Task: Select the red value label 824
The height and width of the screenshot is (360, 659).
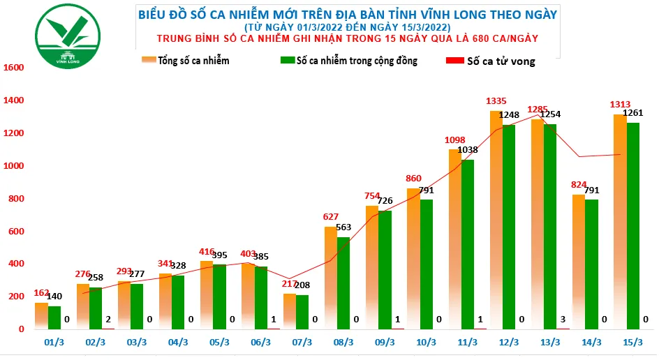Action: coord(578,185)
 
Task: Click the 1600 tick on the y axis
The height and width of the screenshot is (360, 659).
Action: coord(14,68)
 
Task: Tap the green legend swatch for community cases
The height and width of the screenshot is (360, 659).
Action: coord(286,61)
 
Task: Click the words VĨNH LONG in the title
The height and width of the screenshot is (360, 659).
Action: coord(465,14)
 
